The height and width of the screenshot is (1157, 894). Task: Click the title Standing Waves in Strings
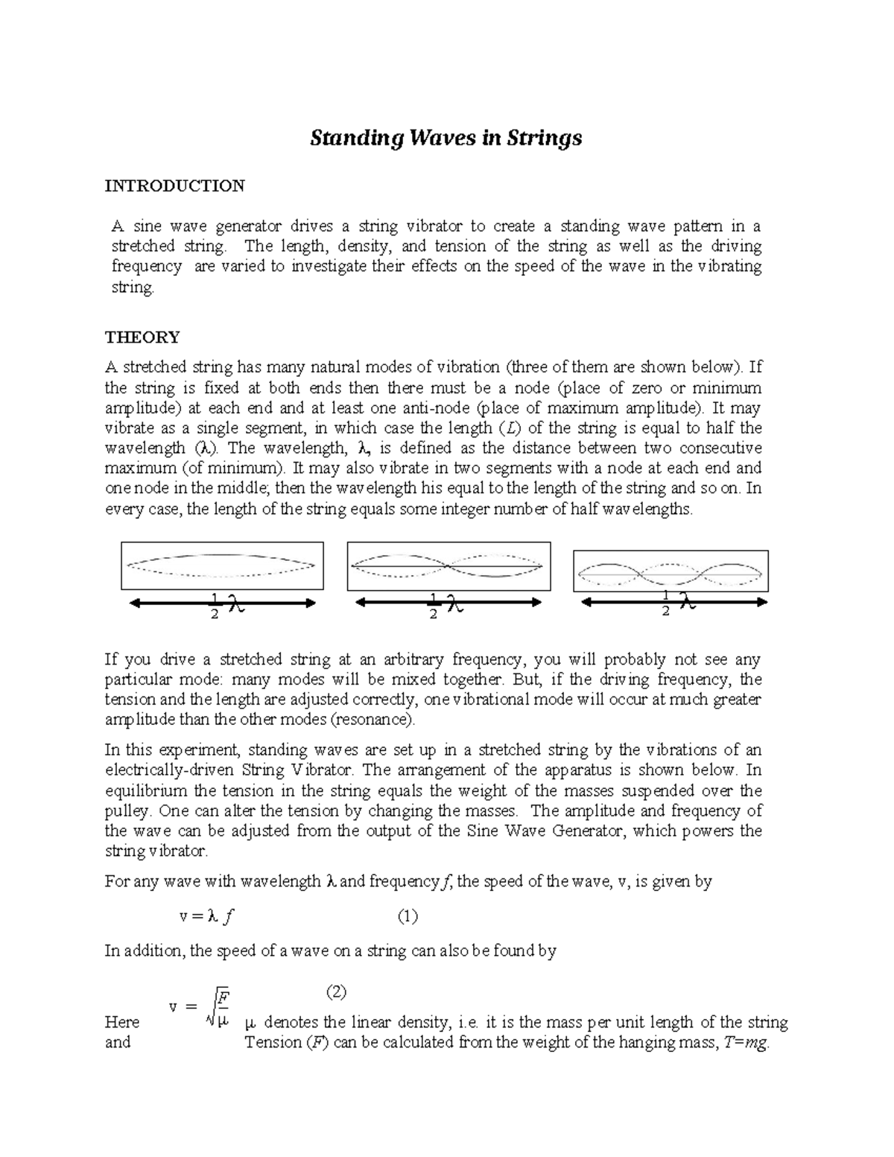click(446, 139)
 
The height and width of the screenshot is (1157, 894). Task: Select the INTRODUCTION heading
click(174, 186)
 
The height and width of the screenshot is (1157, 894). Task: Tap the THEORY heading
click(142, 337)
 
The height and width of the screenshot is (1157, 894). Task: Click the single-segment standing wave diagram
click(222, 565)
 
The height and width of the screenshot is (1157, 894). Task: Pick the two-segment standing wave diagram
click(449, 566)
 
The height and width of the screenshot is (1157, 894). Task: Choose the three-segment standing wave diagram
click(670, 571)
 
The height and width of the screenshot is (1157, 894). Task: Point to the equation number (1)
click(408, 917)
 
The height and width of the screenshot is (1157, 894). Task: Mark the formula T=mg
click(746, 1043)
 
